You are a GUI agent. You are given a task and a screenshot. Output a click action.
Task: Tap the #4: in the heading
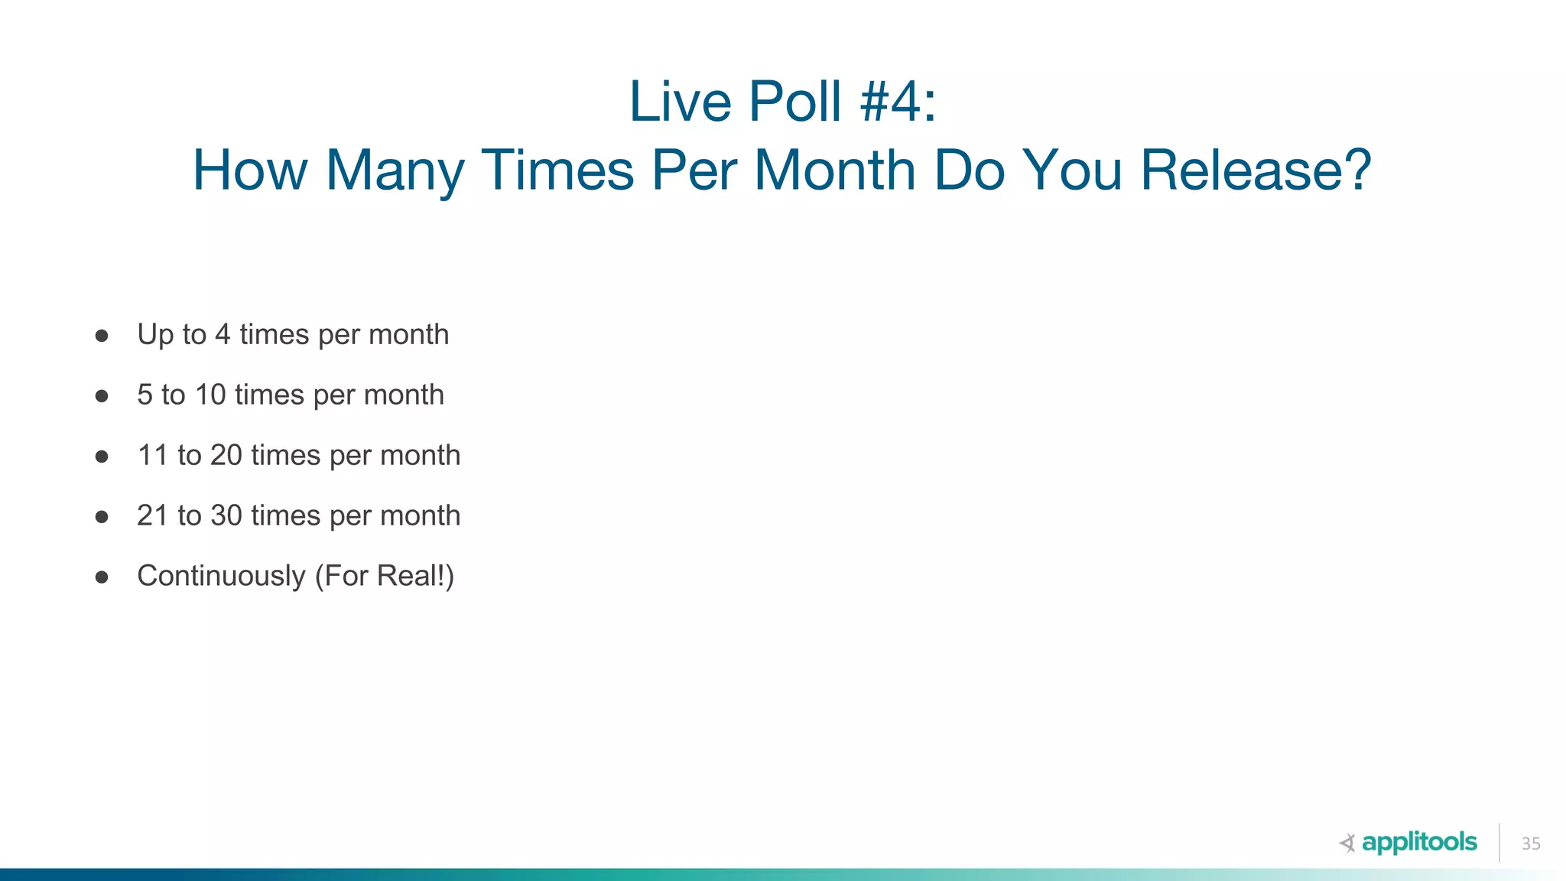(x=898, y=102)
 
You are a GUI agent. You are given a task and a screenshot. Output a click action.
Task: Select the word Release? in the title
(x=1256, y=170)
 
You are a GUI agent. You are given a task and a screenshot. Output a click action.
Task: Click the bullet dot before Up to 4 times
(x=102, y=336)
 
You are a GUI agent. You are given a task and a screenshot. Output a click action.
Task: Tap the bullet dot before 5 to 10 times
(x=102, y=396)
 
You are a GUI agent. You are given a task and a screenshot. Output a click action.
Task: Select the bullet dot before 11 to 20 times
(x=102, y=457)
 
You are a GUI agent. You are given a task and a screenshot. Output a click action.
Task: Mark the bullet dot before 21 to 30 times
(x=102, y=517)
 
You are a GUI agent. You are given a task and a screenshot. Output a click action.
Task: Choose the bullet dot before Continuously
(x=102, y=577)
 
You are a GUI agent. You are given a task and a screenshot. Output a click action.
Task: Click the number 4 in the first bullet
(x=223, y=335)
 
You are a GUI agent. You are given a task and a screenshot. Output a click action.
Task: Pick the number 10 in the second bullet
(x=210, y=395)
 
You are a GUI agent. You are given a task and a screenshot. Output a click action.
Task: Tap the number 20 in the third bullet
(x=226, y=456)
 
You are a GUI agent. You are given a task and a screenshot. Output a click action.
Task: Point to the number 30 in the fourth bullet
(x=226, y=516)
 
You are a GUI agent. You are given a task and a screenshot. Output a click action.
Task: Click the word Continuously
(x=221, y=577)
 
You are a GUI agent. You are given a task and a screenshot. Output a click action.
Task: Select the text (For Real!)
(x=385, y=577)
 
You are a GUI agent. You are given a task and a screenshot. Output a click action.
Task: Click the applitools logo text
(x=1419, y=843)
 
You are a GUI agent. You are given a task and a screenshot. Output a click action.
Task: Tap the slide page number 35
(x=1531, y=844)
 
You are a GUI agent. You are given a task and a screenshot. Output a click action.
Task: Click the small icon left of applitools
(x=1347, y=844)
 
